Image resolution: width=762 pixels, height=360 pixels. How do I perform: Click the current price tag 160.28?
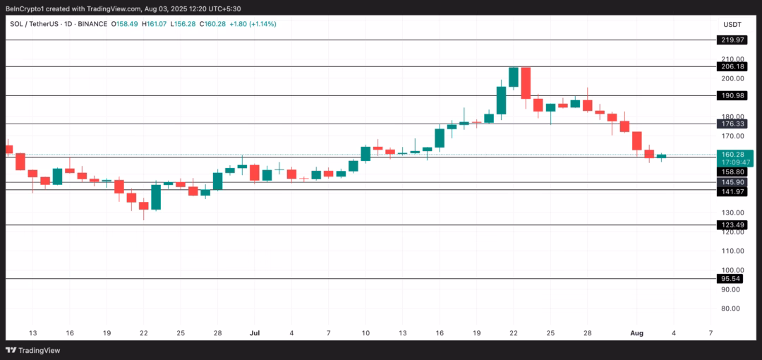[734, 154]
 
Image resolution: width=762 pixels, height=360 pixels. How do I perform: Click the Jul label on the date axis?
[255, 332]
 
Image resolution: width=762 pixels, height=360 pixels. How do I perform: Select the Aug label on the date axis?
[636, 332]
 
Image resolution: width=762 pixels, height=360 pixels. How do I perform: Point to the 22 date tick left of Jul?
[144, 332]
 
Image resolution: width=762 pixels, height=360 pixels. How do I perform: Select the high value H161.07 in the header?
[154, 24]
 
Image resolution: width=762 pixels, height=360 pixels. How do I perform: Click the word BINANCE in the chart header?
[92, 24]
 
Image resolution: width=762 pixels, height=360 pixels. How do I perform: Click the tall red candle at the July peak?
[526, 83]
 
